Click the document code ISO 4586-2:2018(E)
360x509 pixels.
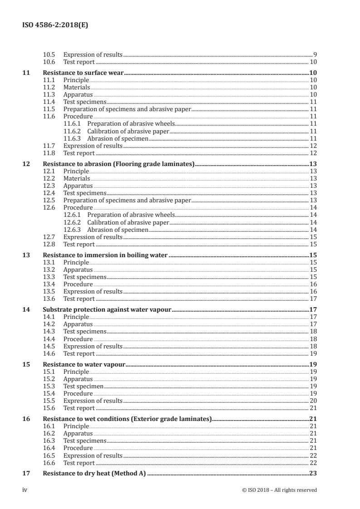(55, 26)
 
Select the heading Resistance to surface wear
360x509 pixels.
(84, 73)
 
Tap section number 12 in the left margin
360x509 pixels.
(26, 164)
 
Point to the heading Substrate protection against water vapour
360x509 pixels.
(106, 310)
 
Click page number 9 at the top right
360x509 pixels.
(315, 54)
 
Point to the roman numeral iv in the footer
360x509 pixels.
(25, 490)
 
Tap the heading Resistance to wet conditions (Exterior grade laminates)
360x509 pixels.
(127, 419)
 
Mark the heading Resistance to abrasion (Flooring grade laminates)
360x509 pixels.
(118, 164)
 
